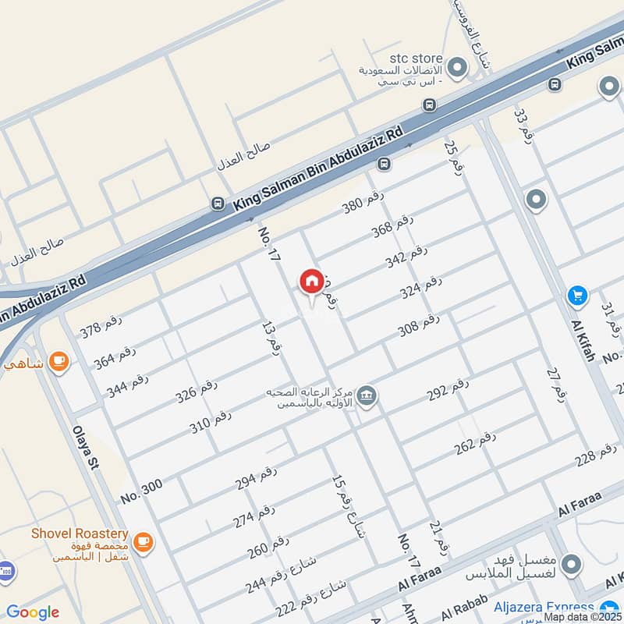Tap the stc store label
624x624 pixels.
tap(416, 58)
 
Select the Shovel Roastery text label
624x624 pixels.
tap(80, 534)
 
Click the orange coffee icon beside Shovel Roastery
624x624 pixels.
tap(143, 541)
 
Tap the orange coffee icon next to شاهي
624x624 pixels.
tap(58, 361)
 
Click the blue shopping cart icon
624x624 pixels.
tap(577, 295)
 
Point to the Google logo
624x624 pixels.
tap(32, 612)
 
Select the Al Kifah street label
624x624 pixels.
tap(583, 339)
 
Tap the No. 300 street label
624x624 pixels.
tap(142, 490)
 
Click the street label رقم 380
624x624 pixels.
tap(363, 202)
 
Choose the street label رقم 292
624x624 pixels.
tap(448, 388)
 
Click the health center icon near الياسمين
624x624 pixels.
tap(368, 395)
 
